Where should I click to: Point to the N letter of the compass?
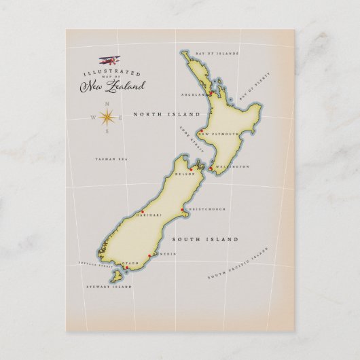[x=107, y=103]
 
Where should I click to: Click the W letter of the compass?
[x=93, y=117]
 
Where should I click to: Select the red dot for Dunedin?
[x=158, y=255]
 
